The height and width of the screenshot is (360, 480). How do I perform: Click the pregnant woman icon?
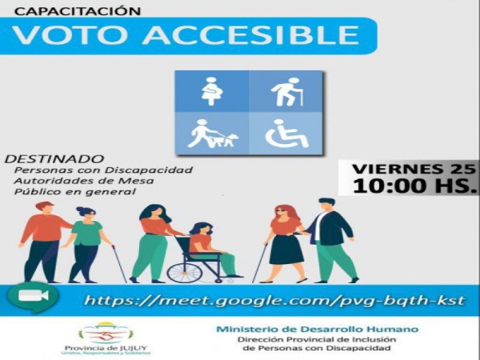point(212,91)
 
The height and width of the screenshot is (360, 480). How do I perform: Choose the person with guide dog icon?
point(212,133)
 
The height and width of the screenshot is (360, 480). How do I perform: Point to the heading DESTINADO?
point(54,158)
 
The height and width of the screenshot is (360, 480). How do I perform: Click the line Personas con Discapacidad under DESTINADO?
point(103,170)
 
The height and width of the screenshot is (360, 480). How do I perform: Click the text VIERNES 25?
point(409,170)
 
